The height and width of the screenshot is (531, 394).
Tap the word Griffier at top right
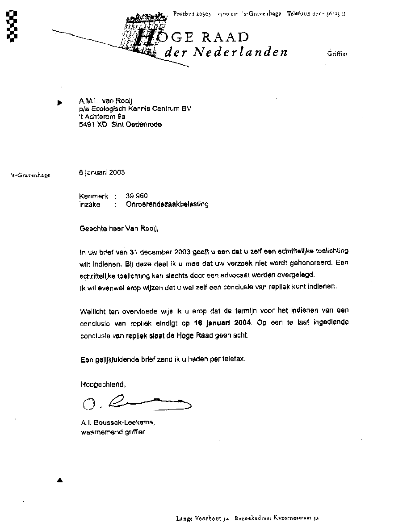[x=337, y=54]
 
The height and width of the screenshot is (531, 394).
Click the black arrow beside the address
[x=60, y=102]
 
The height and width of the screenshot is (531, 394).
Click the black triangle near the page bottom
[x=60, y=481]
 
